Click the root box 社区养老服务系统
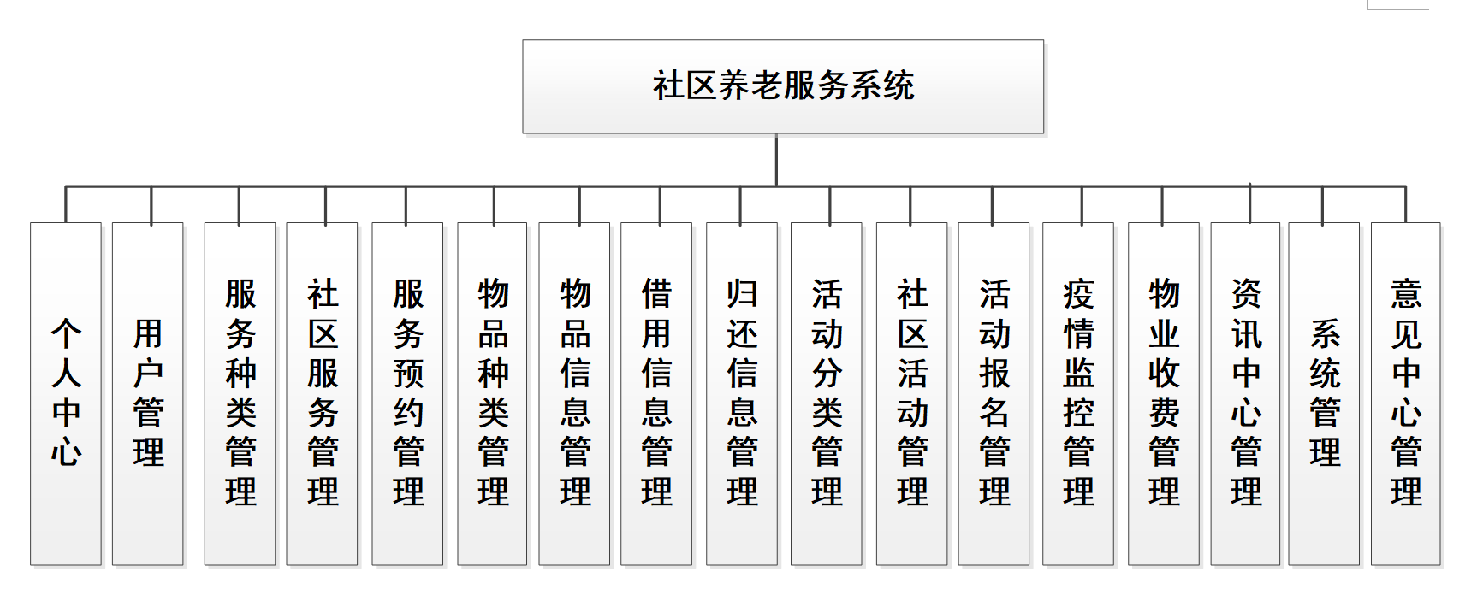[783, 86]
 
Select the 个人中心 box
[66, 393]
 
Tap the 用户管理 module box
[148, 393]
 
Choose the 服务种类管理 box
[240, 393]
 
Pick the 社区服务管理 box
[323, 393]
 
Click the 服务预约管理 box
[408, 393]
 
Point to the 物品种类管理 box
[493, 393]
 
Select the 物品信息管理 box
[575, 393]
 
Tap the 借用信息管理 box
[656, 393]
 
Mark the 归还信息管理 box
[742, 393]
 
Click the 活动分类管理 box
[827, 393]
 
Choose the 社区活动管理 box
[912, 393]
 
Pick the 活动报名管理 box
[994, 393]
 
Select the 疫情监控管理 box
[1078, 393]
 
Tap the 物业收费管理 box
[1164, 393]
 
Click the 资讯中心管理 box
[1246, 393]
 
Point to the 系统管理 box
[1325, 393]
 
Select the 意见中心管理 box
[1406, 393]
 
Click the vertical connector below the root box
[776, 160]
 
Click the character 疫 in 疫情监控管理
[1078, 295]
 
